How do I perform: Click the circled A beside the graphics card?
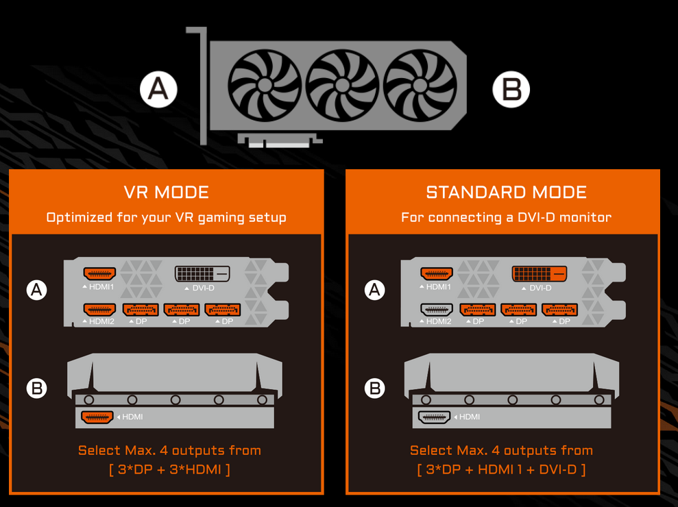point(158,90)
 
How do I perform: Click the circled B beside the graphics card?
point(511,90)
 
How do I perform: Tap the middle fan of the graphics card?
point(342,85)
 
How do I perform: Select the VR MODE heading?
point(167,193)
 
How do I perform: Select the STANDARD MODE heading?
point(507,193)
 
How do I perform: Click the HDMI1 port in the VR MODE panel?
point(99,273)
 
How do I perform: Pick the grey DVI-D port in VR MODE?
point(202,273)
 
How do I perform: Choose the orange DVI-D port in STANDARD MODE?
point(540,273)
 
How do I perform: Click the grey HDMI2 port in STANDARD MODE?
point(437,310)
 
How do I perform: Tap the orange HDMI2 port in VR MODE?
point(99,310)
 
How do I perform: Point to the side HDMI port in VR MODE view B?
point(97,417)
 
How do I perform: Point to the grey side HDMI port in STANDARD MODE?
point(434,417)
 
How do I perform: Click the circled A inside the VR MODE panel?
point(37,290)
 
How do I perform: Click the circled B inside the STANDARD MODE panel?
point(374,388)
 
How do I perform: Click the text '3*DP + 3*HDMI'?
point(169,469)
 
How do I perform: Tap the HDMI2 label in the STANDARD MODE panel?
point(439,321)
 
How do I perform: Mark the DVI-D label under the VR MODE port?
point(203,288)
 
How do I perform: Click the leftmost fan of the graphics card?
point(265,85)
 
